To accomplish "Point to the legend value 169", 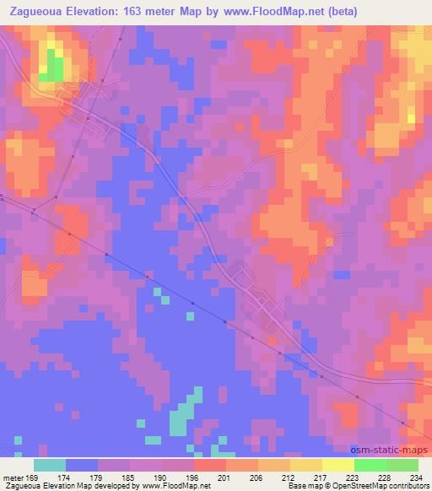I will [x=33, y=478].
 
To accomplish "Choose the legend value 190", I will [x=162, y=478].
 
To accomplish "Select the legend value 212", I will [x=288, y=478].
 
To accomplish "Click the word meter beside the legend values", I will [x=12, y=478].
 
